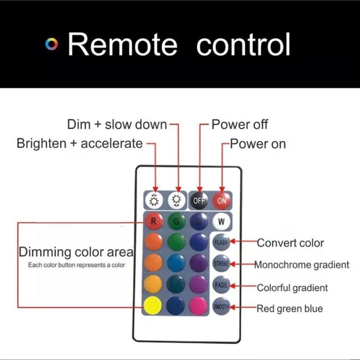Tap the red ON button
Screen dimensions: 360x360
[221, 200]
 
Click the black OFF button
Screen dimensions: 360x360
[199, 200]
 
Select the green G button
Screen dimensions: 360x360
[176, 222]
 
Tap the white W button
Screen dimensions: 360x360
[221, 221]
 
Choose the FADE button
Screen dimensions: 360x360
[220, 286]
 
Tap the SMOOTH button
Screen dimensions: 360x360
[220, 306]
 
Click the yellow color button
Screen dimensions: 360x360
[153, 306]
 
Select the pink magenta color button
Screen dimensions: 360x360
[198, 306]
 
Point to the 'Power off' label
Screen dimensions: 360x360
[240, 124]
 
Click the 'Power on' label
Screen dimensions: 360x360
[257, 144]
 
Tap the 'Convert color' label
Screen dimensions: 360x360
[290, 243]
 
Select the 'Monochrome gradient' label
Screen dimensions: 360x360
[301, 265]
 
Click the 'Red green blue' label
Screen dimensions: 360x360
[289, 309]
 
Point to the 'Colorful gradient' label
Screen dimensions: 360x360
[292, 288]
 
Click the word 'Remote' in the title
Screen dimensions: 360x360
[122, 45]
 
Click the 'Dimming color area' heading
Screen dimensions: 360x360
[76, 252]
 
